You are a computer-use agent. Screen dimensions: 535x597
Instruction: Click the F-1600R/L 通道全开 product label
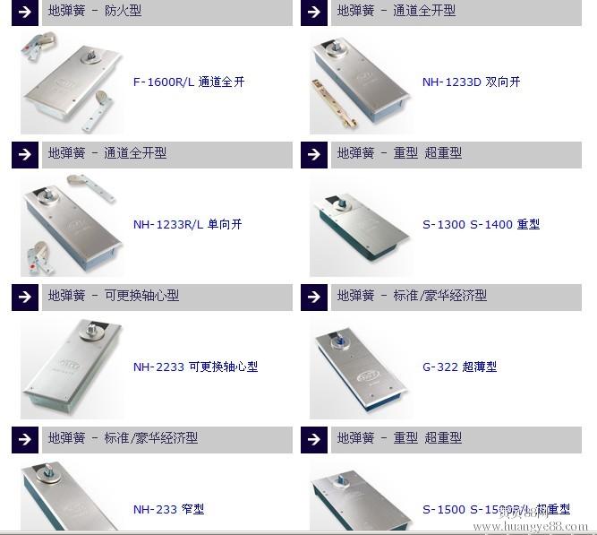click(x=188, y=82)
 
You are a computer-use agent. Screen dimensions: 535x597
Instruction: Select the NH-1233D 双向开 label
click(x=471, y=82)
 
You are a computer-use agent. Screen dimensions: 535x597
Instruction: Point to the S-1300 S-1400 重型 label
click(x=481, y=224)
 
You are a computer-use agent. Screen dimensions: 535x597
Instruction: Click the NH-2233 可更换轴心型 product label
click(x=195, y=367)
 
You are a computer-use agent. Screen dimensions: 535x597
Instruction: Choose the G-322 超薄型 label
click(x=459, y=367)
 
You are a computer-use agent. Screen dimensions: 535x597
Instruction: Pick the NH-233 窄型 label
click(x=168, y=509)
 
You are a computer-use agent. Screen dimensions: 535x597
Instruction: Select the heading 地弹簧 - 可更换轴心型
click(x=114, y=295)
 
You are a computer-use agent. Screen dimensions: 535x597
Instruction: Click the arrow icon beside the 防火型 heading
click(x=25, y=12)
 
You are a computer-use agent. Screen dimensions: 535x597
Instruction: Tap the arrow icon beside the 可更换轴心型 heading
click(x=25, y=297)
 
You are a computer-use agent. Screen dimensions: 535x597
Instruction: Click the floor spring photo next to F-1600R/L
click(x=72, y=82)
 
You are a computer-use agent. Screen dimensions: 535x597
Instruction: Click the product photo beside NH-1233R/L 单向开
click(x=72, y=224)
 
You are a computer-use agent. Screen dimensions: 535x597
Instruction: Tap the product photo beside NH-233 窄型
click(x=72, y=497)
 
